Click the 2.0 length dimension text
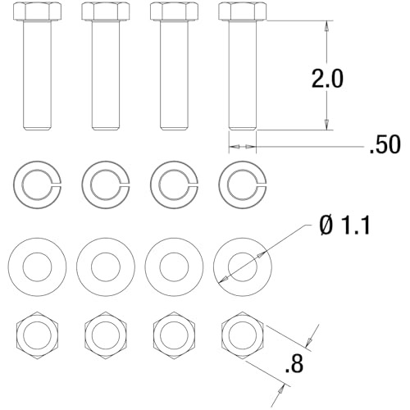[326, 79]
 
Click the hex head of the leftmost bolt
[37, 11]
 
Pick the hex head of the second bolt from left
[105, 11]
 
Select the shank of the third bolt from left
[174, 74]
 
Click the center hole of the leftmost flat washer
[37, 266]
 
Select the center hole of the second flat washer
[105, 266]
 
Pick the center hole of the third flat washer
[174, 266]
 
